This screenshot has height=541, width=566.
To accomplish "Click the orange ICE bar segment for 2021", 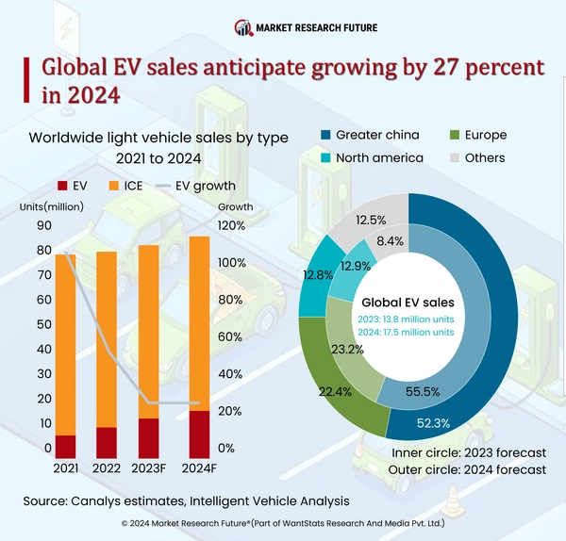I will [66, 344].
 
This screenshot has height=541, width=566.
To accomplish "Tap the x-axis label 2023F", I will [148, 467].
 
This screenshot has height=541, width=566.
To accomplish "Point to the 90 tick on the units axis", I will [44, 226].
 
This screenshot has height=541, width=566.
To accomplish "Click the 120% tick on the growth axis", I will [231, 226].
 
